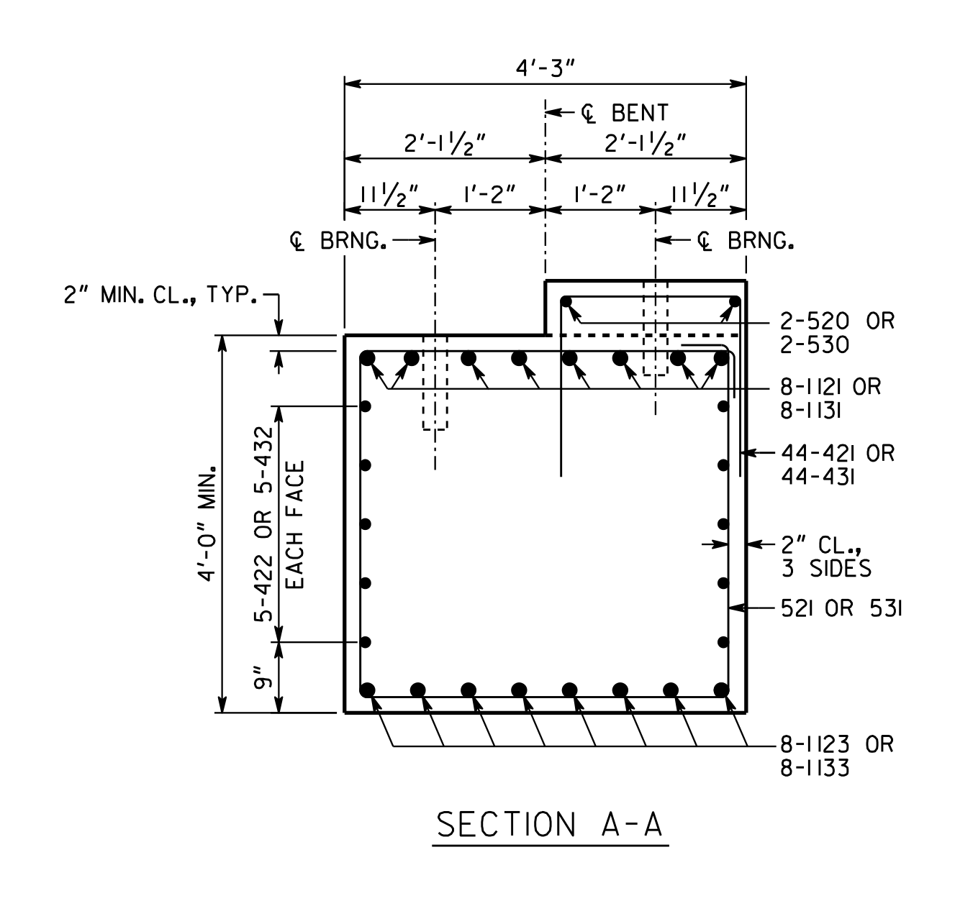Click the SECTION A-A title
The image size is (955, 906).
coord(550,825)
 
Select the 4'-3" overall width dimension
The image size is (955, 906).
coord(545,68)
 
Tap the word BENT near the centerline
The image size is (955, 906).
coord(640,113)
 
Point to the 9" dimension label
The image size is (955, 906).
coord(262,677)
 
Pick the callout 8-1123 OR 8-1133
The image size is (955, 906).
coord(837,756)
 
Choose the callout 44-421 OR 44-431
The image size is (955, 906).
coord(838,465)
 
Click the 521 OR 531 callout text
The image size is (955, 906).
coord(841,608)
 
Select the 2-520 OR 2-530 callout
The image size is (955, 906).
coord(837,333)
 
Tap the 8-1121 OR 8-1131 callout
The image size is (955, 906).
coord(830,398)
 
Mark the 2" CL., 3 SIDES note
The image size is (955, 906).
coord(826,557)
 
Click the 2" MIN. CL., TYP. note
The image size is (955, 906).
coord(160,295)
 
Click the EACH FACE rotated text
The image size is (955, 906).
coord(295,525)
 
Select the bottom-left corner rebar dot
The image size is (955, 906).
coord(367,690)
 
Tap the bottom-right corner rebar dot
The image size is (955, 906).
coord(721,690)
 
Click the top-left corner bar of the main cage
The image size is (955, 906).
coord(368,359)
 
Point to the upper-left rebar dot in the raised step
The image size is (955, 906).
coord(566,301)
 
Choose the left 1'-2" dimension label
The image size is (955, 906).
coord(489,195)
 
